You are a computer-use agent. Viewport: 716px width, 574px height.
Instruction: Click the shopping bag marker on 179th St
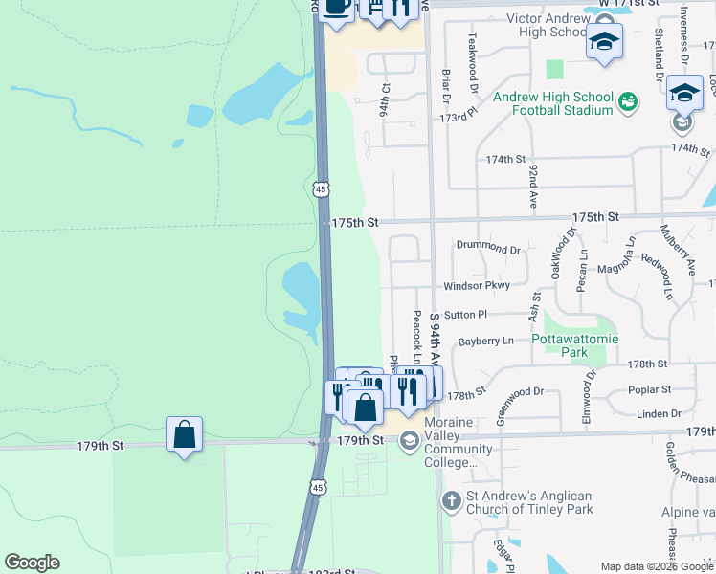pos(184,435)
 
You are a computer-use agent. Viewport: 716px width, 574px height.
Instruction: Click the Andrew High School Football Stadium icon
pos(628,100)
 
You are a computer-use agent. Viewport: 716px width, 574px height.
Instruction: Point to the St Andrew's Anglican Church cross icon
pos(452,500)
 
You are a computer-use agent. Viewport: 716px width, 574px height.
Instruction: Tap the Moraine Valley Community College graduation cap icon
pos(409,440)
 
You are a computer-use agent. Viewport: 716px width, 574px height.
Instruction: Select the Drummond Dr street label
pos(488,249)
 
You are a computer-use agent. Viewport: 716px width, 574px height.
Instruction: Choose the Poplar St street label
pos(649,389)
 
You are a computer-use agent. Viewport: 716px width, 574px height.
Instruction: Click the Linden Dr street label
pos(658,413)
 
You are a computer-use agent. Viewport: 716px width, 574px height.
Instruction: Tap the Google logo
pos(32,563)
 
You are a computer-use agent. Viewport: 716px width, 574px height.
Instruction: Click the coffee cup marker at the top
pos(336,8)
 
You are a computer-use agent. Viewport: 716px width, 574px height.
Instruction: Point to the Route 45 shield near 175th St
pos(321,189)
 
